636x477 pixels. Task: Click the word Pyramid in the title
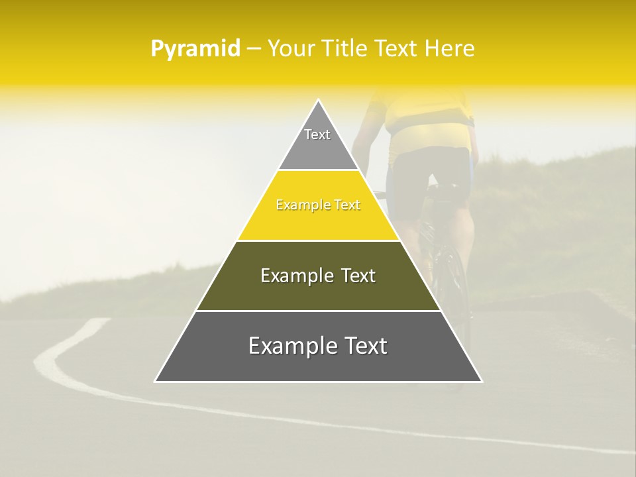point(195,49)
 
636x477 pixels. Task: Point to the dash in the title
point(254,49)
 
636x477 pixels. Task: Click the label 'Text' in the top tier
point(317,134)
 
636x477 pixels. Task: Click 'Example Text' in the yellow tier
point(318,205)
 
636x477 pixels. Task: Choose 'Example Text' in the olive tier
point(318,276)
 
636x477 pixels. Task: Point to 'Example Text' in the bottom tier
point(318,346)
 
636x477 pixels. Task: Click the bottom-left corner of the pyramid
point(156,381)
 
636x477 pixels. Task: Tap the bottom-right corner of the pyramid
point(481,381)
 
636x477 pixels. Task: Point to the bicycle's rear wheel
point(454,285)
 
